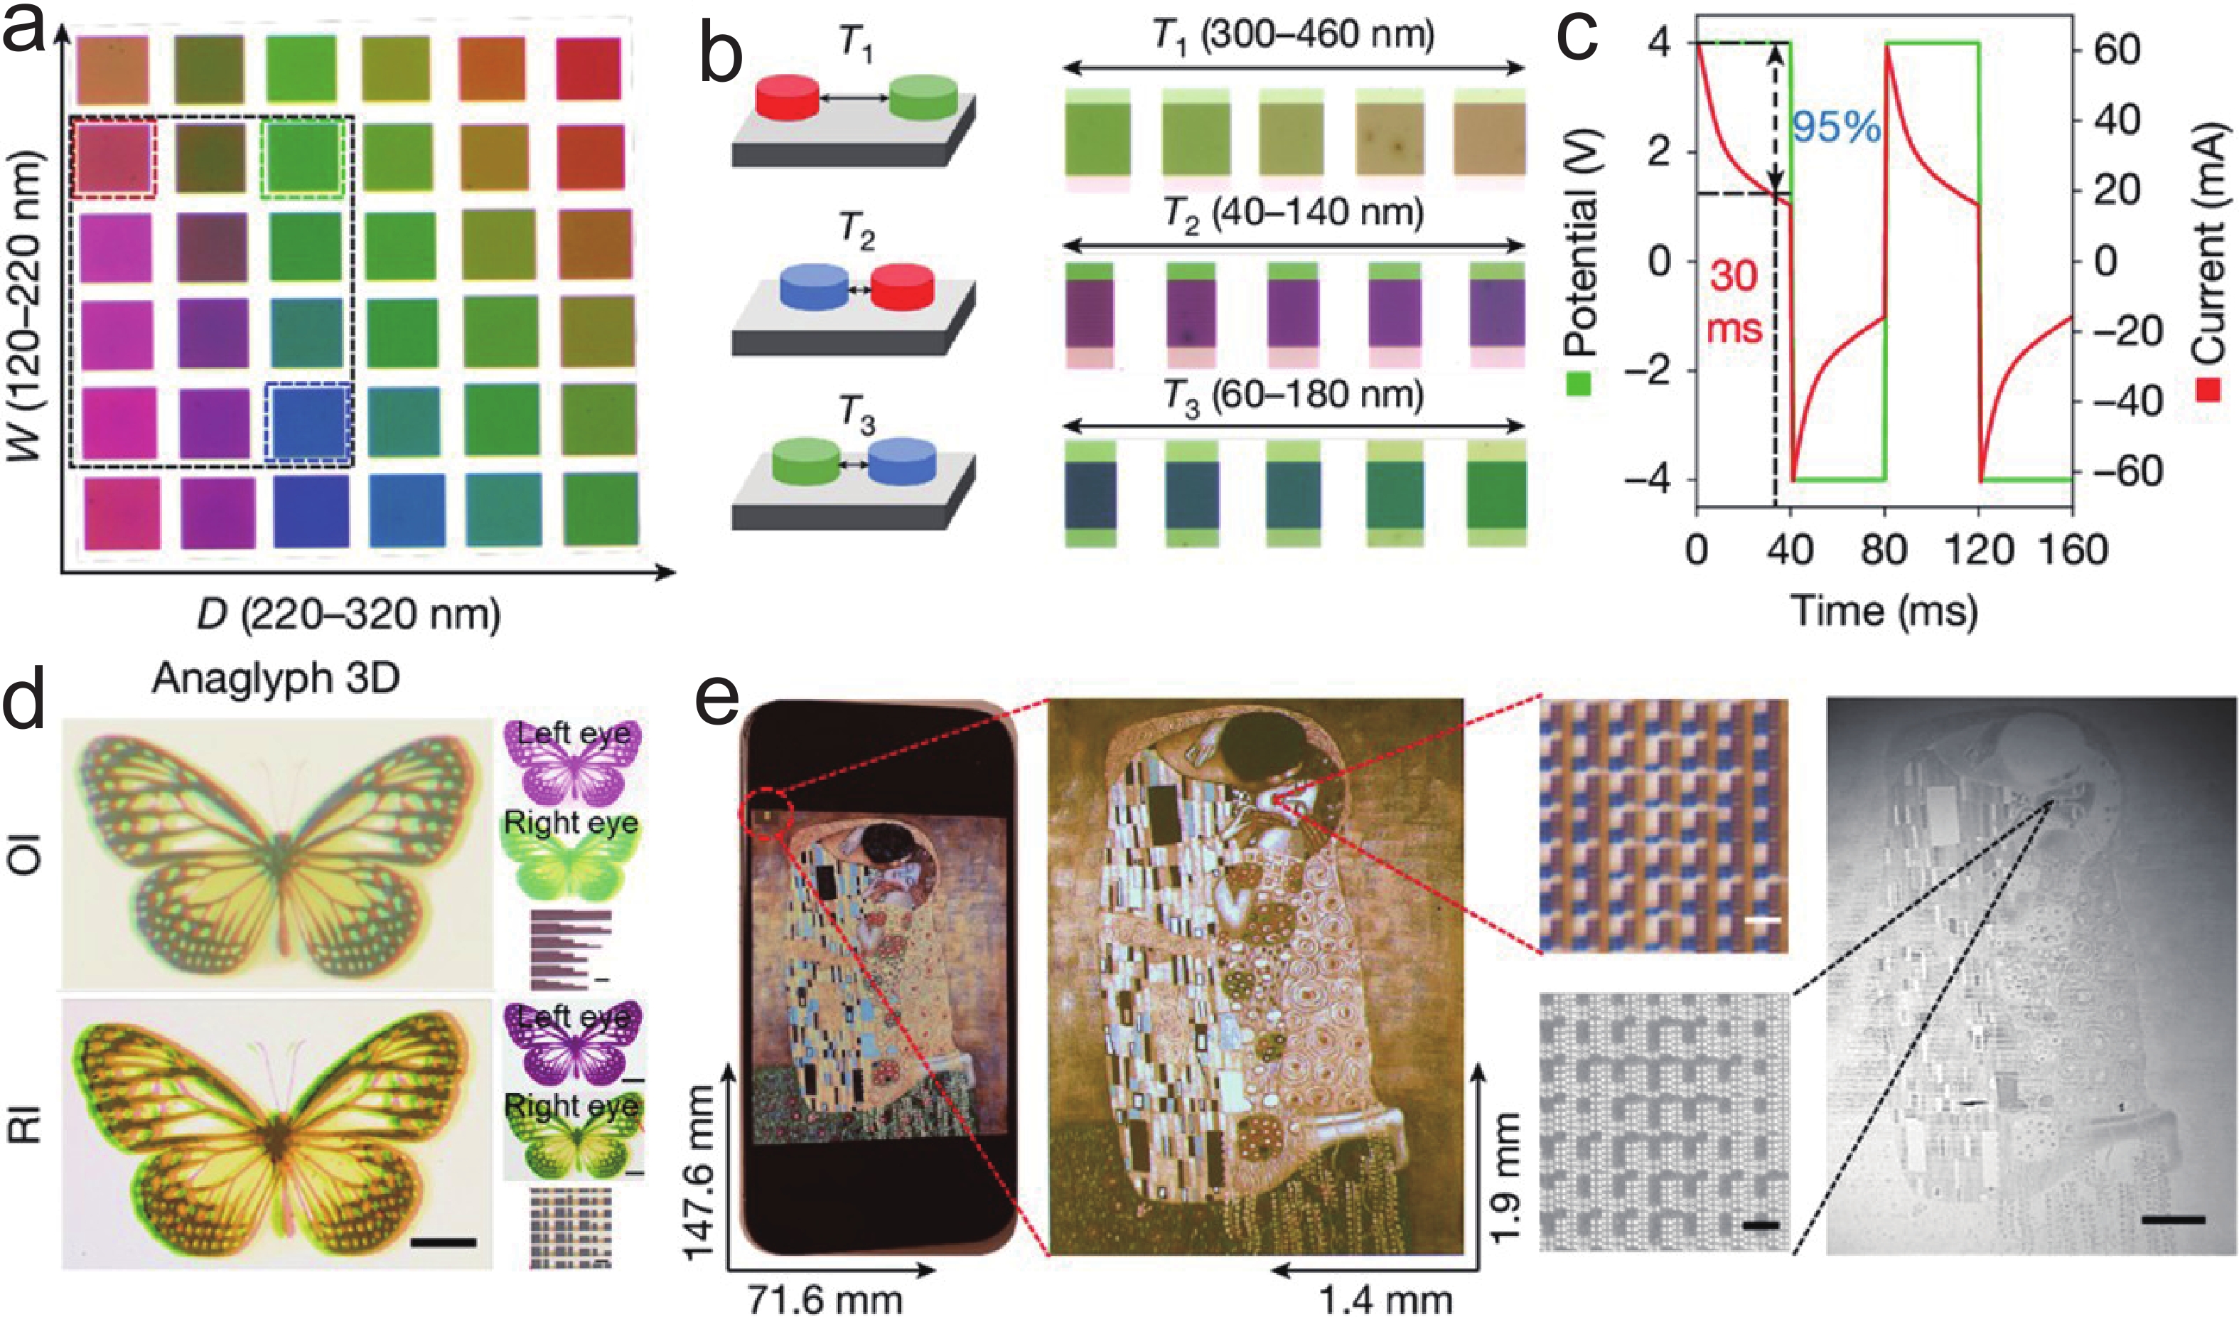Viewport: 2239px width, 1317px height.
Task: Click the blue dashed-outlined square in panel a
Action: coord(308,424)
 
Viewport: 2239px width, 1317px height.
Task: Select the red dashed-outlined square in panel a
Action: coord(114,157)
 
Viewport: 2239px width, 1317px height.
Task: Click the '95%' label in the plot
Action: coord(1835,129)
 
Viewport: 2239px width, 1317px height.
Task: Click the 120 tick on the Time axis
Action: coord(1977,551)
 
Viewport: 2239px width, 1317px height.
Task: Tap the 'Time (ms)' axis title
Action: coord(1884,612)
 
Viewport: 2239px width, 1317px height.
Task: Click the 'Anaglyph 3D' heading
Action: coord(276,678)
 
